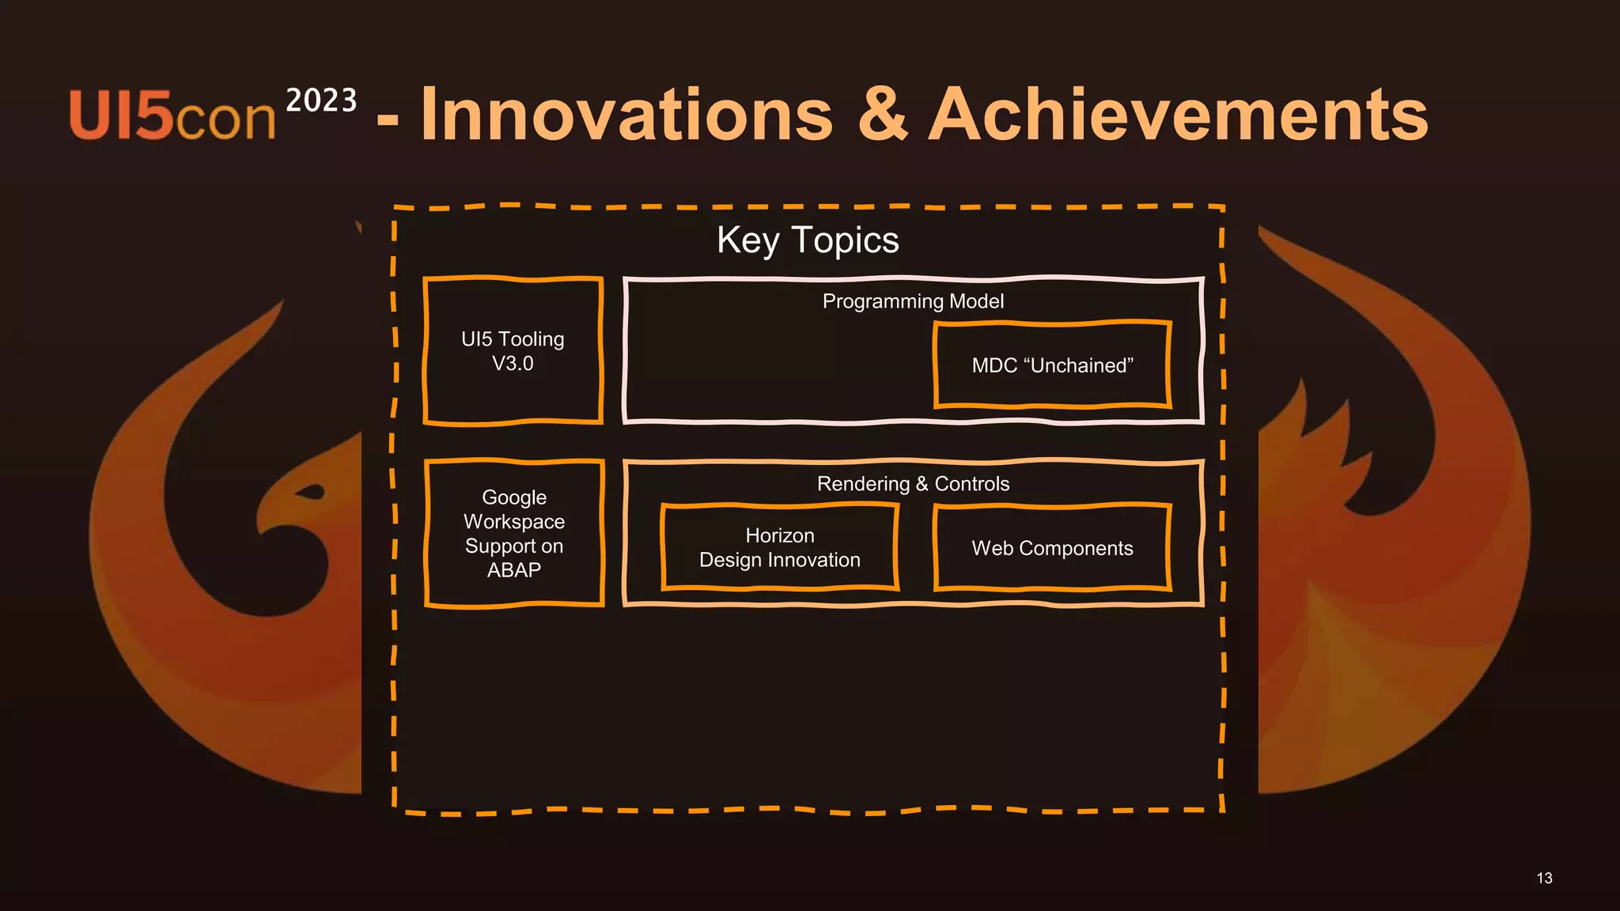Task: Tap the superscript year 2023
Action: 321,100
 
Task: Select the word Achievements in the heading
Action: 1178,115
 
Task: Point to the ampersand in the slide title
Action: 882,115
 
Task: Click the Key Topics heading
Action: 808,240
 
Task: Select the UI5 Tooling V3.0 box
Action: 513,351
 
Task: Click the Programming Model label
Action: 913,301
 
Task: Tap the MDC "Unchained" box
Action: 1052,365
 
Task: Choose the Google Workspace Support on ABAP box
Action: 514,533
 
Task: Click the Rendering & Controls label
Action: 913,484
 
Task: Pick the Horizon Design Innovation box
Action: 779,547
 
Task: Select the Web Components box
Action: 1052,548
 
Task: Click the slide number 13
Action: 1544,878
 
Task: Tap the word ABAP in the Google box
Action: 514,570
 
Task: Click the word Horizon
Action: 779,535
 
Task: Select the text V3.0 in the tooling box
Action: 513,364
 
